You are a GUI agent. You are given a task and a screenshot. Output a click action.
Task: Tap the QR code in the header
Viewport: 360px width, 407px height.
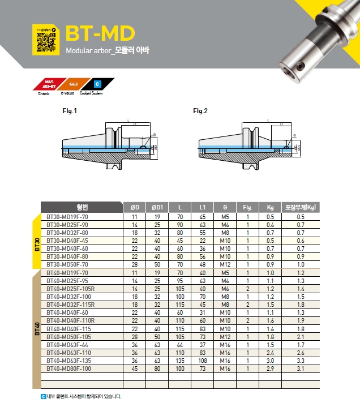(x=46, y=40)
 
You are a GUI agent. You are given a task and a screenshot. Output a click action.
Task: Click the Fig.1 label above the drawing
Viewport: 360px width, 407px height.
(x=70, y=111)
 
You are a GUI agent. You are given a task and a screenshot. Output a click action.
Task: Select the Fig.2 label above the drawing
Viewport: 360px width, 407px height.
(x=200, y=111)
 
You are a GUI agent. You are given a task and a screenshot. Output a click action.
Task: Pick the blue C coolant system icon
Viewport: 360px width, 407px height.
(x=97, y=84)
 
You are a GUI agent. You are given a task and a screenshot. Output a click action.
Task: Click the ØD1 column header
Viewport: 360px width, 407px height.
(x=157, y=207)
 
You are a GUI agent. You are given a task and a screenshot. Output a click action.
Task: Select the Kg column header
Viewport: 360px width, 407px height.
(x=270, y=207)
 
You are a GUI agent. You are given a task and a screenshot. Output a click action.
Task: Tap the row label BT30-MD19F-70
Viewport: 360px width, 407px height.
(x=67, y=217)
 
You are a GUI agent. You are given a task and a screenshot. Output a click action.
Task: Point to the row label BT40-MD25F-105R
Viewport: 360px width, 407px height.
(x=71, y=289)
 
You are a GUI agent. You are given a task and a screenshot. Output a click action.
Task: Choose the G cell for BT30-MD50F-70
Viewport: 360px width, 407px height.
(x=225, y=264)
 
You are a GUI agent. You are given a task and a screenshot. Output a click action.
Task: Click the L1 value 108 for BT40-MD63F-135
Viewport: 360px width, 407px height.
(x=202, y=360)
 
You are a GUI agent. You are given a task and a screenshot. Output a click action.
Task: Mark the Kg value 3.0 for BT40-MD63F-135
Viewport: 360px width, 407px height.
(x=270, y=360)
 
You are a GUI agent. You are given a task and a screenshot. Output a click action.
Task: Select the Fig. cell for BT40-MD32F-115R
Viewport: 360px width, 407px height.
(x=247, y=305)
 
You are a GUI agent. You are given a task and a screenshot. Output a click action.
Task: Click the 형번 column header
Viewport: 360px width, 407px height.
(x=82, y=207)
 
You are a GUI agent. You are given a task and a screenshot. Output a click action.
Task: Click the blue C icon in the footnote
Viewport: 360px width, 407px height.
(x=44, y=397)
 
